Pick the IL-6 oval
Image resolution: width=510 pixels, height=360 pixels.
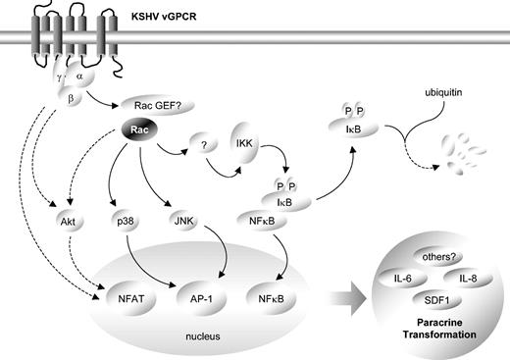[x=401, y=281]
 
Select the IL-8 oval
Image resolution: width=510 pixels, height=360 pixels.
[x=467, y=281]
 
